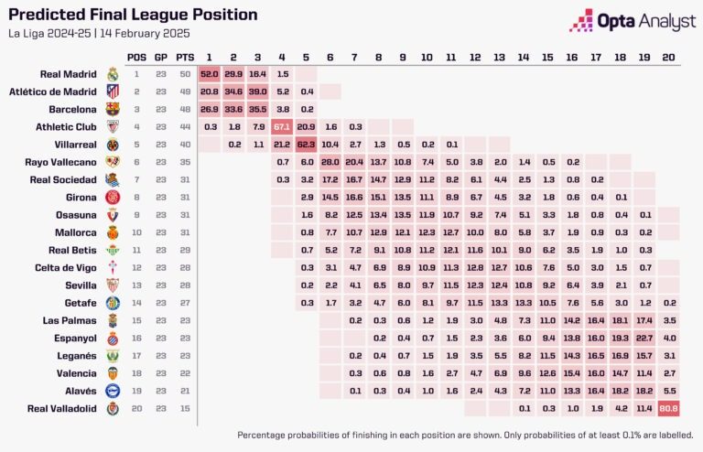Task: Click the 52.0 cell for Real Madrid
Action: [x=210, y=74]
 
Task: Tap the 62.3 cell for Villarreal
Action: [x=306, y=144]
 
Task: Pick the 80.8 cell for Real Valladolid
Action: [x=668, y=408]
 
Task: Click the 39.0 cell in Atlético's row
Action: [x=258, y=91]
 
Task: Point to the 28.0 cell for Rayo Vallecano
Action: [x=330, y=162]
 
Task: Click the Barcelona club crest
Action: [x=113, y=109]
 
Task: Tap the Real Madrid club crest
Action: [x=113, y=74]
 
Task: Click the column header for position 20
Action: [x=668, y=57]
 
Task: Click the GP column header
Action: [x=161, y=57]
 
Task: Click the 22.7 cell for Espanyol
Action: [x=644, y=338]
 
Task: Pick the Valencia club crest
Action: [x=113, y=373]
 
